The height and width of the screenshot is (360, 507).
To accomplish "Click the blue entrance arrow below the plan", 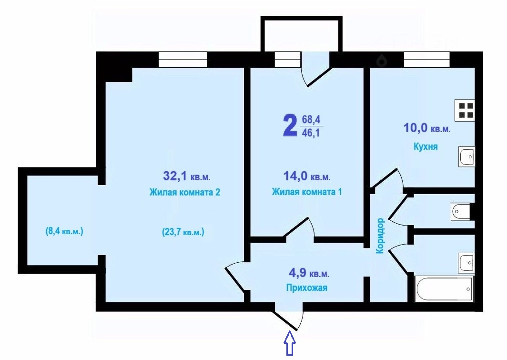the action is point(290,343).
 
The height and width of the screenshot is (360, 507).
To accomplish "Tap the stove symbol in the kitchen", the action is point(465,110).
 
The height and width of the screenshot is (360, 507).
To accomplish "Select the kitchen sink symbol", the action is point(466,157).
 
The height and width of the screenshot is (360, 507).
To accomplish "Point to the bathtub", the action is point(445,289).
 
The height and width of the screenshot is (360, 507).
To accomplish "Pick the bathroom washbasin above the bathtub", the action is point(466,263).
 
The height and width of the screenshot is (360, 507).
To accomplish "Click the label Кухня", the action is point(426,146).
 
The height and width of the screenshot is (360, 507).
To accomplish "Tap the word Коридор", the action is point(380,236).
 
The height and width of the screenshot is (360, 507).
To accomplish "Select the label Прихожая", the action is point(306,288).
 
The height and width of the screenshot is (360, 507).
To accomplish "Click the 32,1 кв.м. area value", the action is point(187,176).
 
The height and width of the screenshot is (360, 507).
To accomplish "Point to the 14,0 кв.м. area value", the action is point(307,176).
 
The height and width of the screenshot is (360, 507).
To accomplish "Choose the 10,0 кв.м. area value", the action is point(427,128).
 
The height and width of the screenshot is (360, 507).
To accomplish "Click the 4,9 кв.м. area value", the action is point(309,273).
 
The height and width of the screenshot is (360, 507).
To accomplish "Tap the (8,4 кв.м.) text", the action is point(64,232).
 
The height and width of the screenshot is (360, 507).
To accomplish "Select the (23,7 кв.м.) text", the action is point(183,232).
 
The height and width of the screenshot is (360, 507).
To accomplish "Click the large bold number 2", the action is point(290,126).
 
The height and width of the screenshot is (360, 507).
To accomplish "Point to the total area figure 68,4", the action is point(311,120).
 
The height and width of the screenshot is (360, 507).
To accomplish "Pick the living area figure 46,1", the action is point(311,133).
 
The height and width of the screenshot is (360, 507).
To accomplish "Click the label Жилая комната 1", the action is point(307,192).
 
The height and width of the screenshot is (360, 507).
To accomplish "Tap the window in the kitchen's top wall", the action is point(427,60).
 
